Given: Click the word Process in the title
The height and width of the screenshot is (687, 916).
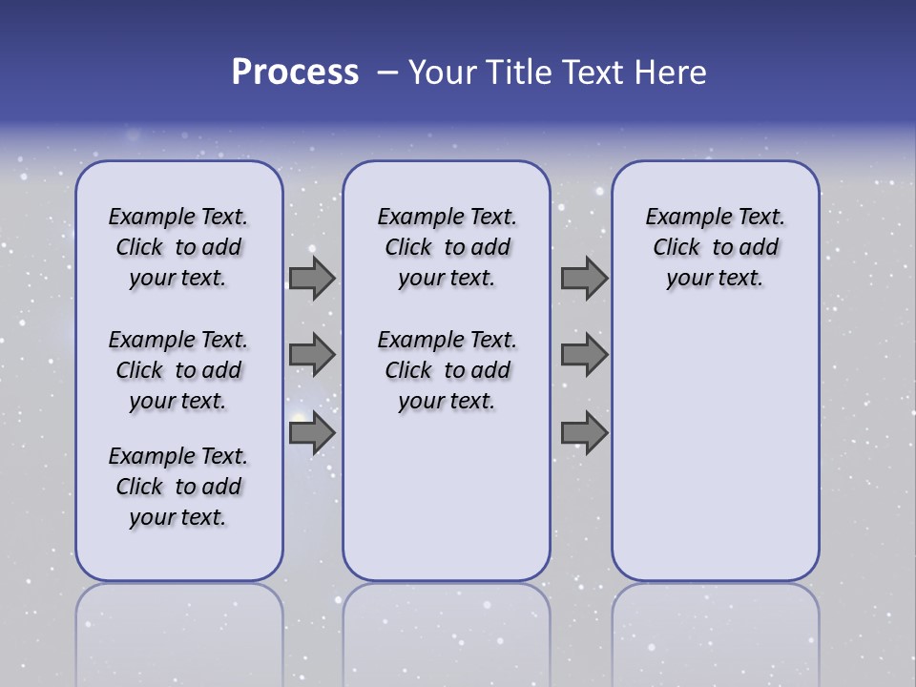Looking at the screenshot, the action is [295, 73].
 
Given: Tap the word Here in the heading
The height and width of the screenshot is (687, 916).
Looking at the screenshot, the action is [670, 73].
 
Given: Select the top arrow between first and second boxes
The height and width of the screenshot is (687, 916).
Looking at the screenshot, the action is [312, 279].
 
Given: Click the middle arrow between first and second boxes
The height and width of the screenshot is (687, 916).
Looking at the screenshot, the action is [312, 355].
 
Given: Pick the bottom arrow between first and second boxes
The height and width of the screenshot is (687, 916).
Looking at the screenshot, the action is [312, 433].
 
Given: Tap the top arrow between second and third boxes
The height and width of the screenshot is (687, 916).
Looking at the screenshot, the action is [584, 279].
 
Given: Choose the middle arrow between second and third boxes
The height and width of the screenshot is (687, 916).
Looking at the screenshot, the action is [584, 355].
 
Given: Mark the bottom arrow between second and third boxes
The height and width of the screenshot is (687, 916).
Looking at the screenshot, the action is [584, 433].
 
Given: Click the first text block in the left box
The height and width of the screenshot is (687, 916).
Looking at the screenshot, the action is [178, 247].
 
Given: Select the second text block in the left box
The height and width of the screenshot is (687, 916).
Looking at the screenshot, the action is [178, 370].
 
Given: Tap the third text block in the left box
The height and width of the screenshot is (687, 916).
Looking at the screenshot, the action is [178, 487].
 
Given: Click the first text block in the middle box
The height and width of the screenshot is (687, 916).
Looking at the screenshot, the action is [447, 247].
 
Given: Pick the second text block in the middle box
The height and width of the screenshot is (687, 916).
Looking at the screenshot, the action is [447, 370].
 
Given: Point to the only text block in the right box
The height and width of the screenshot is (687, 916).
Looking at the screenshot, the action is [715, 247].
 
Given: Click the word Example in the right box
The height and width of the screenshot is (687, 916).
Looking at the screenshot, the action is [683, 218].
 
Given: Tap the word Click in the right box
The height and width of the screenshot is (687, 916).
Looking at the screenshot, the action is [677, 247].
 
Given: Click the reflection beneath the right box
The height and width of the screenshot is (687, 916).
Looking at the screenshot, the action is [715, 630].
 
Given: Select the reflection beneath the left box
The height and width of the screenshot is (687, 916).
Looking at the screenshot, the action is [178, 630].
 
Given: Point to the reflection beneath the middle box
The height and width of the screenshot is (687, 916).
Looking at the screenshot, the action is [447, 630].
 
